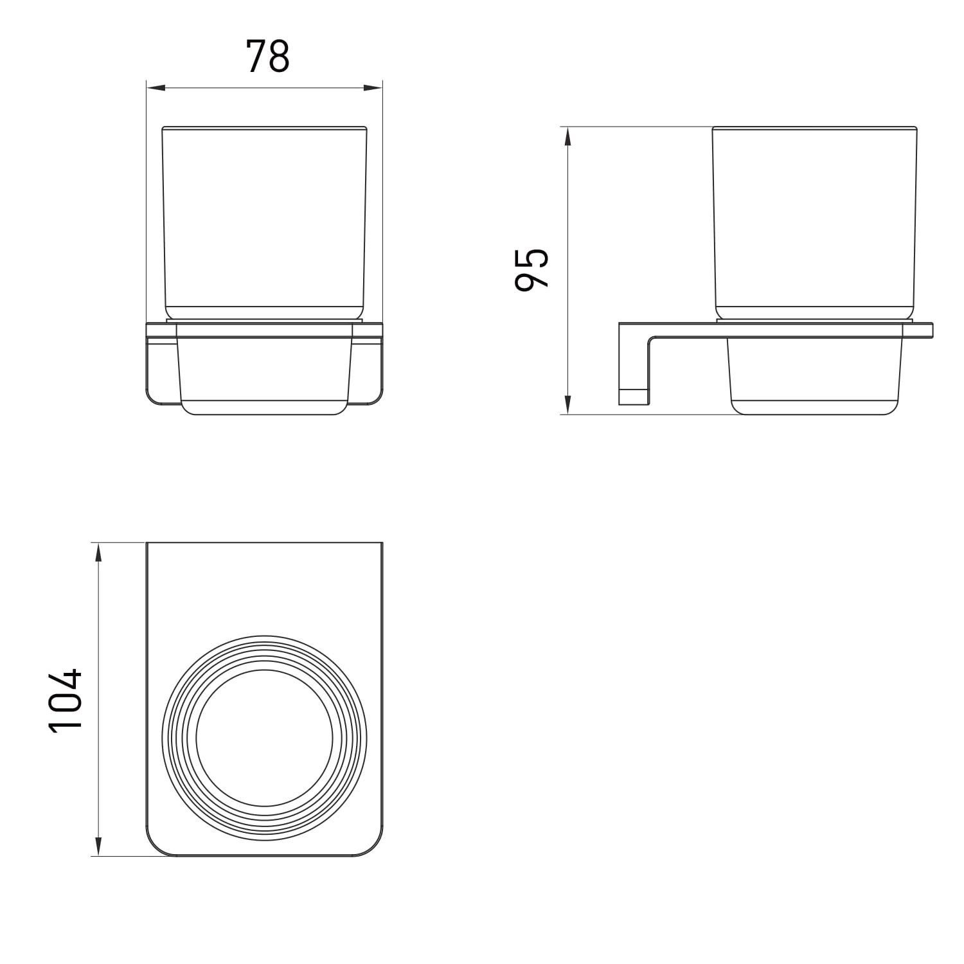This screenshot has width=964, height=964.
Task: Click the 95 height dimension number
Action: click(533, 270)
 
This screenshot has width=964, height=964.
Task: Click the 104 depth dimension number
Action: click(66, 699)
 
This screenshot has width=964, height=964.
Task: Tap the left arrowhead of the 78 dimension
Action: click(157, 88)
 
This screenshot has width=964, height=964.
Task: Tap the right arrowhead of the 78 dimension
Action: click(373, 88)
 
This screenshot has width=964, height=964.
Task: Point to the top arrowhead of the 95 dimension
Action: click(567, 137)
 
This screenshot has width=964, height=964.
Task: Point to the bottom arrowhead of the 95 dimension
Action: click(567, 404)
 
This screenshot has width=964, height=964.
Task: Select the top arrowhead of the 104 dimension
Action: click(98, 553)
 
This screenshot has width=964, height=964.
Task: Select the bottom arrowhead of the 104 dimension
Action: click(98, 846)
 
